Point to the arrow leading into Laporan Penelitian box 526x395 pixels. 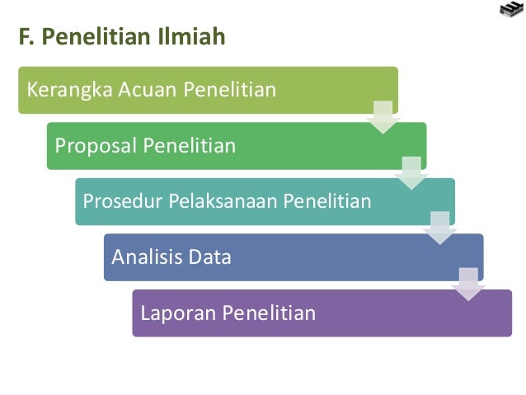pyautogui.click(x=467, y=284)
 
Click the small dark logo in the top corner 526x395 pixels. pyautogui.click(x=511, y=10)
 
